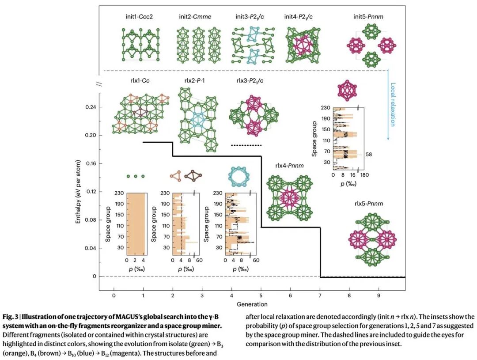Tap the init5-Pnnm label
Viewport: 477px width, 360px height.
click(368, 16)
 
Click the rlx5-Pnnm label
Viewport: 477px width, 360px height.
click(368, 204)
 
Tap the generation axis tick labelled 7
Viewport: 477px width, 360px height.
click(320, 294)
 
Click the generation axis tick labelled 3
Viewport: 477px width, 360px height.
click(202, 294)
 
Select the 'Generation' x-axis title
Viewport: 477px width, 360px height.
click(252, 304)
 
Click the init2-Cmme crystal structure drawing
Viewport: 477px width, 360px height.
click(195, 43)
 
